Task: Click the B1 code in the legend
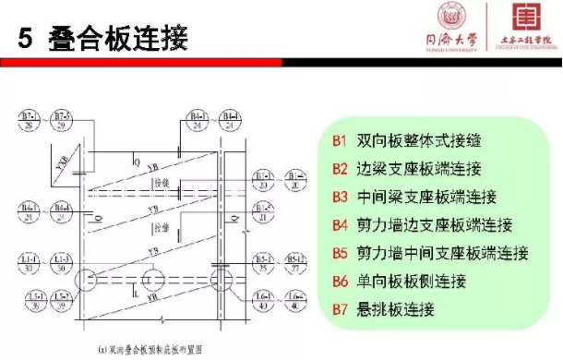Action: coord(339,141)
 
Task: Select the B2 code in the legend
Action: coord(339,169)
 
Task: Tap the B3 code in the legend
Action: coord(339,197)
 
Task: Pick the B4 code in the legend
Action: coord(339,224)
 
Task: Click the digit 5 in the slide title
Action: coord(24,38)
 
